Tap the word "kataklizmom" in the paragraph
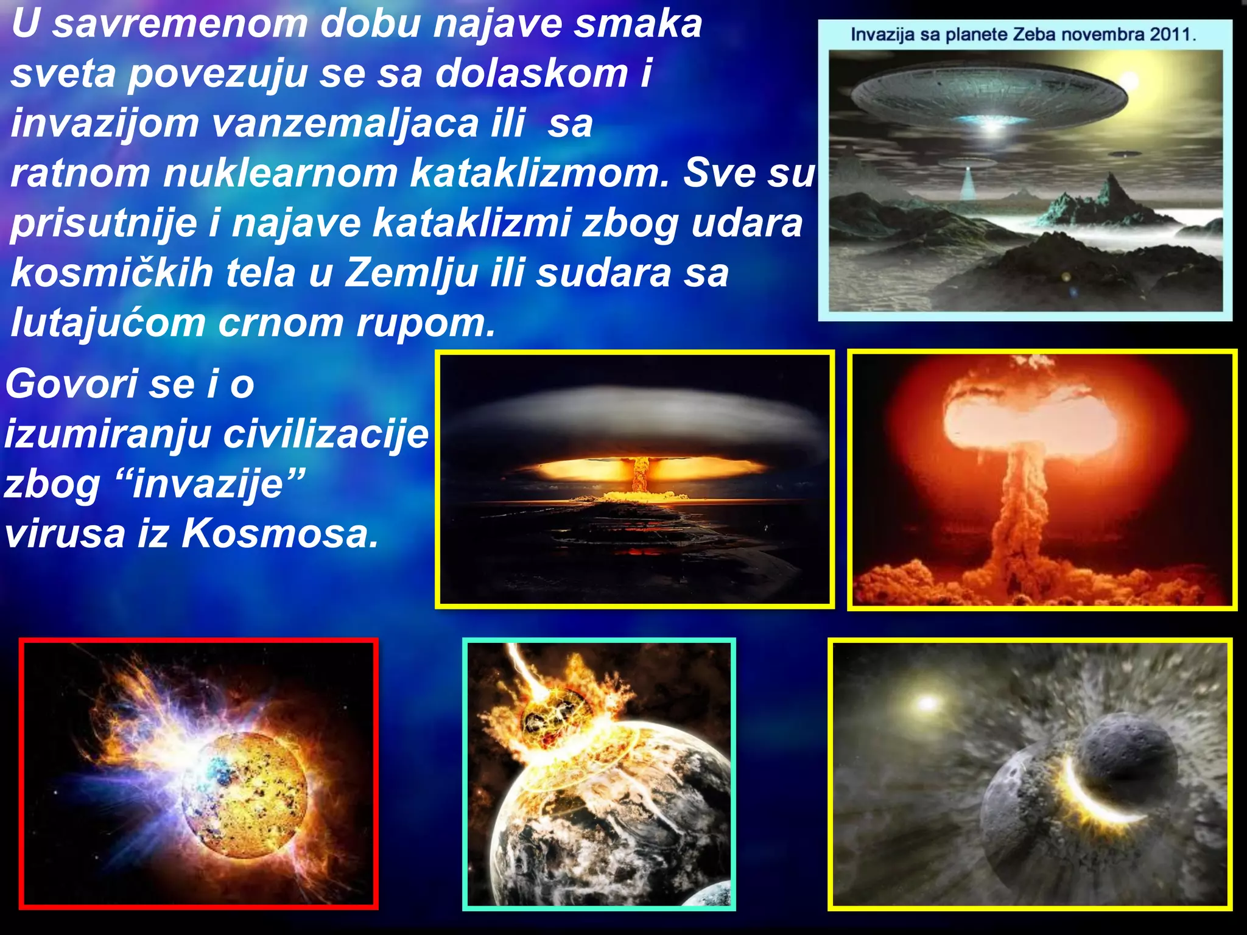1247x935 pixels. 539,173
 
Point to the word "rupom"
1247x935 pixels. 426,323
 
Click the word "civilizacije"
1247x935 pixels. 326,435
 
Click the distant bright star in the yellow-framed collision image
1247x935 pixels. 926,703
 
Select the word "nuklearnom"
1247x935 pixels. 279,173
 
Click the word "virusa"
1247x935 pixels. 65,534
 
